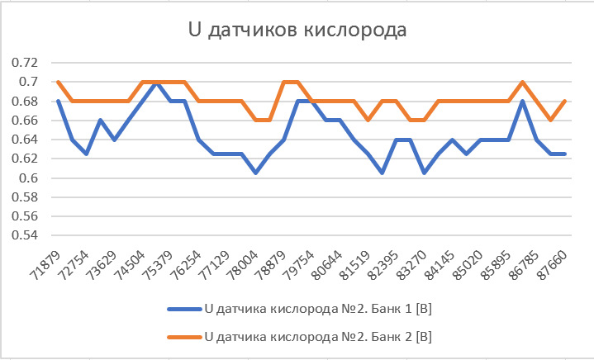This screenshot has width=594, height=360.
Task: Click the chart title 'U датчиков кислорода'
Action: pyautogui.click(x=297, y=32)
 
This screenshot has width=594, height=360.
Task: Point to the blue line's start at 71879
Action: pyautogui.click(x=58, y=102)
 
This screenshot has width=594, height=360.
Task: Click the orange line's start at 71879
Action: pyautogui.click(x=58, y=82)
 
